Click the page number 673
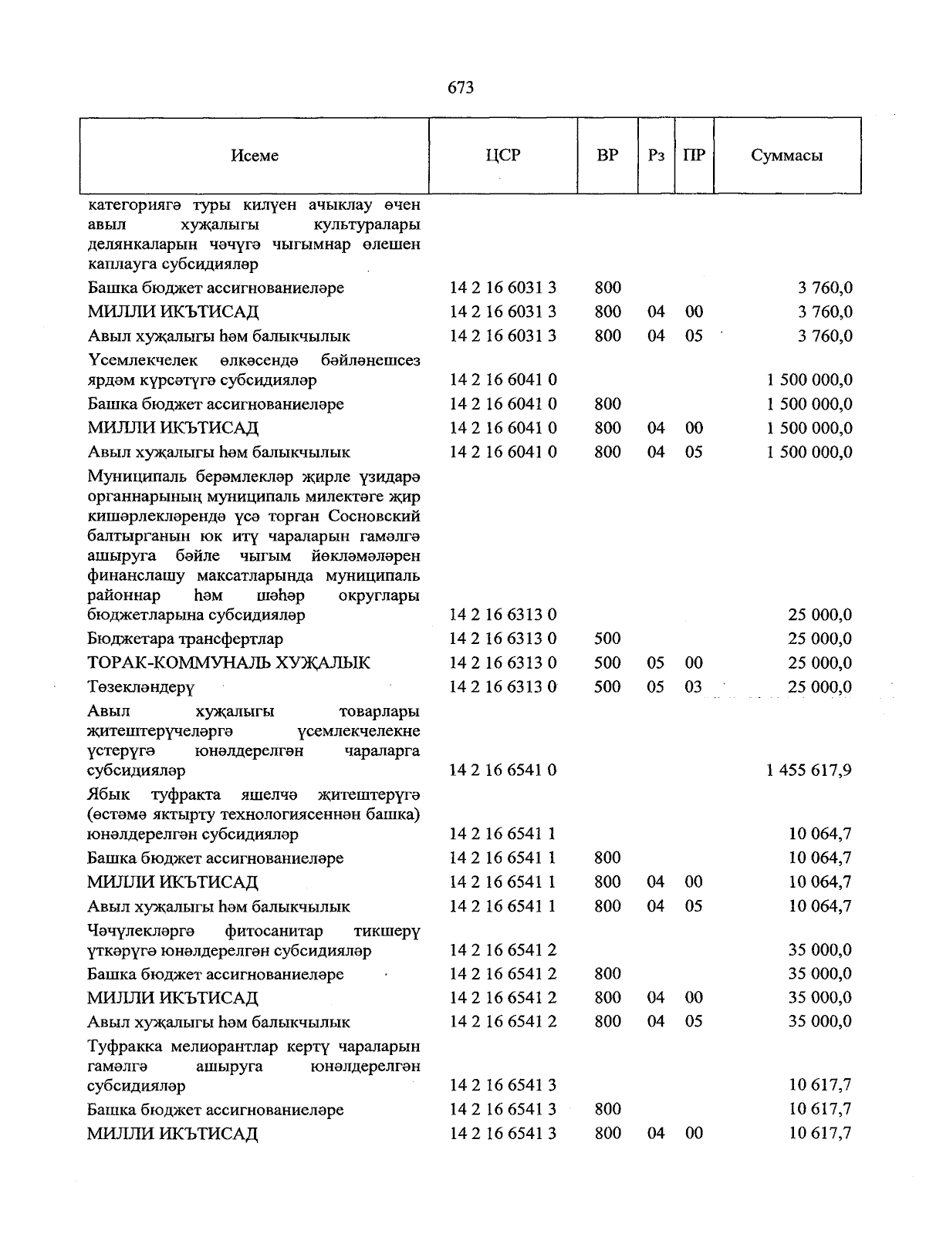[461, 88]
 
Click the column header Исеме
[254, 156]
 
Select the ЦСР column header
[503, 155]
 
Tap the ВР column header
[607, 155]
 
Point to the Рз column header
[656, 155]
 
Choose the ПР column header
[694, 155]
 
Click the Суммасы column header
[786, 155]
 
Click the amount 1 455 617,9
[809, 770]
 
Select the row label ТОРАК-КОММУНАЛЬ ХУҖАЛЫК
[228, 663]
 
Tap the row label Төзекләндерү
[140, 687]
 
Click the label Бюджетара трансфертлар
[185, 639]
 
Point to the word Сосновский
[374, 515]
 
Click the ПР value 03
[694, 687]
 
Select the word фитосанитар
[274, 931]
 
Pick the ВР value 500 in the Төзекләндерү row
[607, 687]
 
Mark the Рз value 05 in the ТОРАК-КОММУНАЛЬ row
[656, 663]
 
